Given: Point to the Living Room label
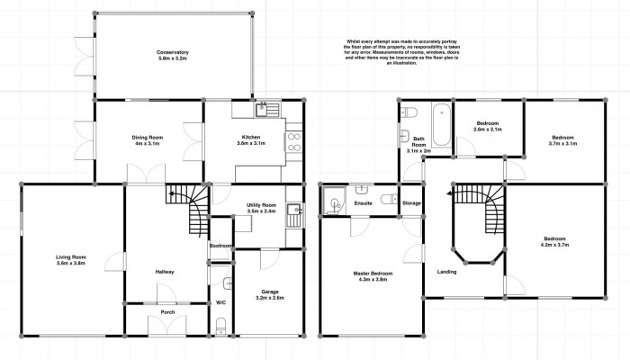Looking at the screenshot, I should (70, 260).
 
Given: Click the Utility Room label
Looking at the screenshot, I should (261, 210).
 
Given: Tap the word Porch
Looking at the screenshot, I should (167, 312).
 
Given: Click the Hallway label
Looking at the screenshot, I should (164, 271).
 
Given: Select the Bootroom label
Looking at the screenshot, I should (221, 246).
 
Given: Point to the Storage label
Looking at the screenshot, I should (411, 203).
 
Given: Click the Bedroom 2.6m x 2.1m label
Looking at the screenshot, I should (487, 127).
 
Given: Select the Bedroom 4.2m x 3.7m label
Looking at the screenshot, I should (559, 242).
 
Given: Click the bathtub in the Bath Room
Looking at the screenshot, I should (440, 125).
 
